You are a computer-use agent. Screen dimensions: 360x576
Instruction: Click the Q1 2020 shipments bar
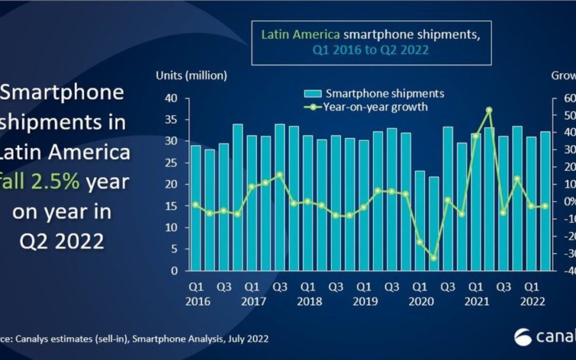pos(420,221)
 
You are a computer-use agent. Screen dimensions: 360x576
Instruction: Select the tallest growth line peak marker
pos(489,110)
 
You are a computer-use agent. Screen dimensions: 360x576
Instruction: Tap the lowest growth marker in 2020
pos(434,258)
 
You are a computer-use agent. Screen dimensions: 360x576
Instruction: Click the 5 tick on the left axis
pos(173,249)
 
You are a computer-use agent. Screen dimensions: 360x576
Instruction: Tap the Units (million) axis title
pos(191,76)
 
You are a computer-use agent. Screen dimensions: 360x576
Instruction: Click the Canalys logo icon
pos(523,337)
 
